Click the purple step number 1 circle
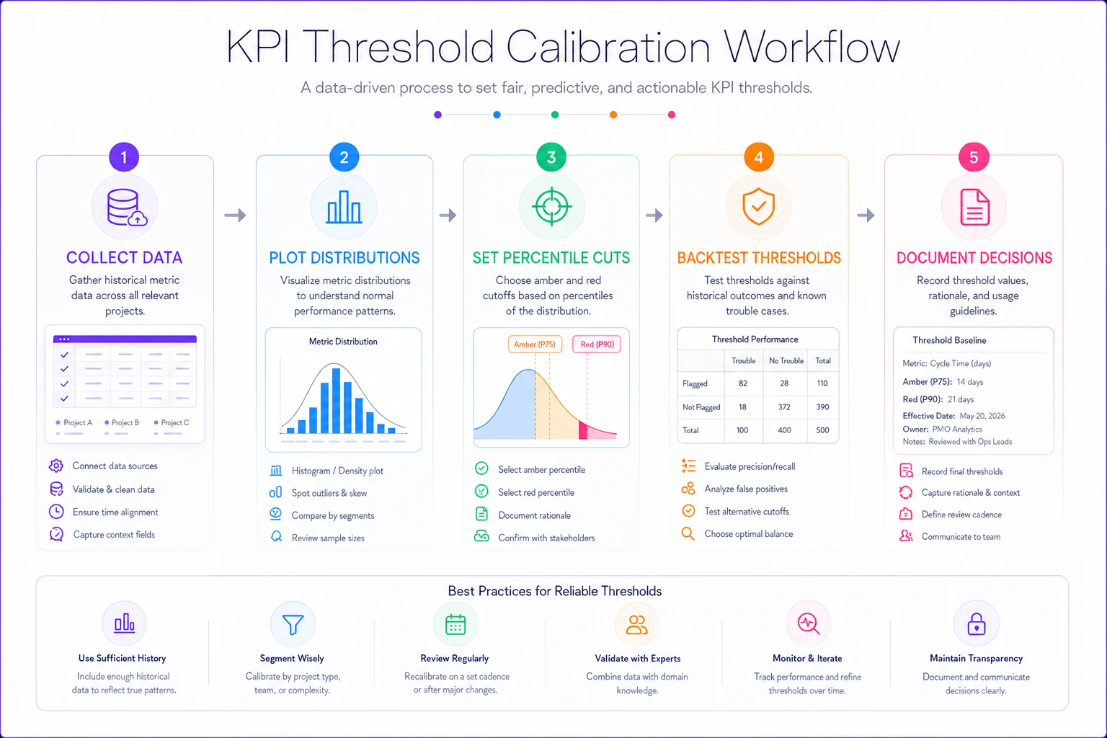point(123,157)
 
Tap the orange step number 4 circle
point(759,157)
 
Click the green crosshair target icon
point(551,207)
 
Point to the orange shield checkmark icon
point(759,206)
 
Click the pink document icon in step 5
point(974,207)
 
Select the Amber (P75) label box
point(535,344)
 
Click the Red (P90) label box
point(597,344)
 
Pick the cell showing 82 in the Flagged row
point(743,383)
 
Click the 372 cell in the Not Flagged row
point(784,406)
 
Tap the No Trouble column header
point(786,361)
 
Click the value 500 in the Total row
point(822,430)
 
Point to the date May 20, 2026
point(982,416)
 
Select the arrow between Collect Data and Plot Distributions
point(235,215)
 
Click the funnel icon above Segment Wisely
point(293,625)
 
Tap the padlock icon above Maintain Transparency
point(976,624)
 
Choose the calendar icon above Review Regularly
point(455,624)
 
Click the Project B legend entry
point(122,422)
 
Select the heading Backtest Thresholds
point(759,257)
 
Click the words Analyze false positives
point(746,489)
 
